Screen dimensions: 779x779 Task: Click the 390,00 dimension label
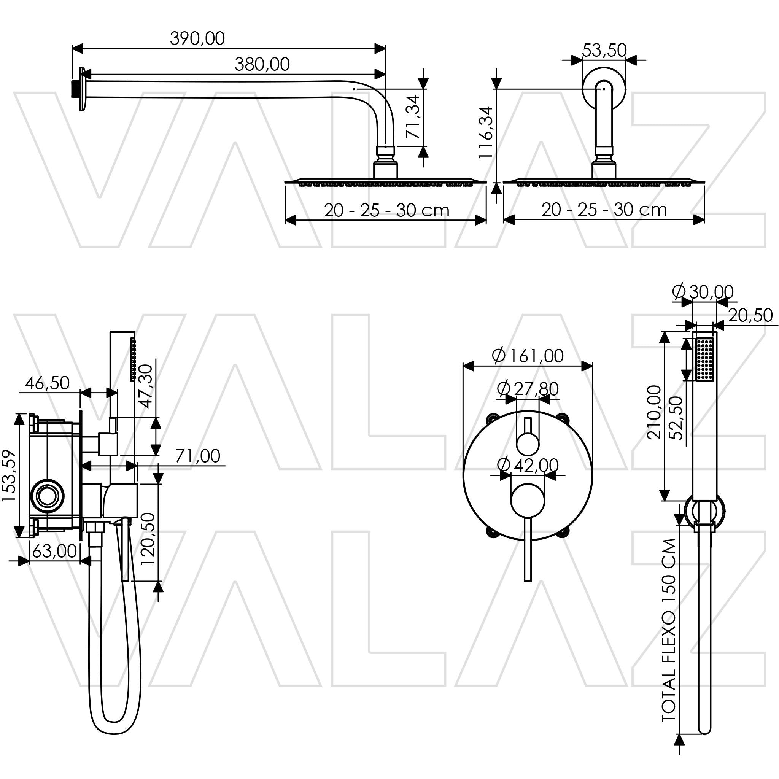coord(197,39)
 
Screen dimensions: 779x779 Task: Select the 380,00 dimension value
coord(262,65)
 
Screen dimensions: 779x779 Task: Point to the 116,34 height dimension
coord(486,133)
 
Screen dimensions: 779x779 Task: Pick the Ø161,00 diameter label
coord(528,356)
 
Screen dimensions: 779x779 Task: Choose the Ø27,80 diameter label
coord(528,389)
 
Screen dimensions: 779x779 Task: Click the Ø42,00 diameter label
coord(528,465)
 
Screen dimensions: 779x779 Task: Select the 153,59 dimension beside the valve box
coord(9,476)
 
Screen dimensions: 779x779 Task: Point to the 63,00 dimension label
coord(54,551)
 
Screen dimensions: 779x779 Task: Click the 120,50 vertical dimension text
coord(147,539)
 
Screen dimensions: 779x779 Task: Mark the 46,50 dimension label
coord(48,383)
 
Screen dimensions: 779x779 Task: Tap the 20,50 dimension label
coord(750,315)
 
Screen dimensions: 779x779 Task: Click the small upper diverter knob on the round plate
coord(528,444)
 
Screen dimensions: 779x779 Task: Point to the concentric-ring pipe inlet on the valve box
coord(48,495)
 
